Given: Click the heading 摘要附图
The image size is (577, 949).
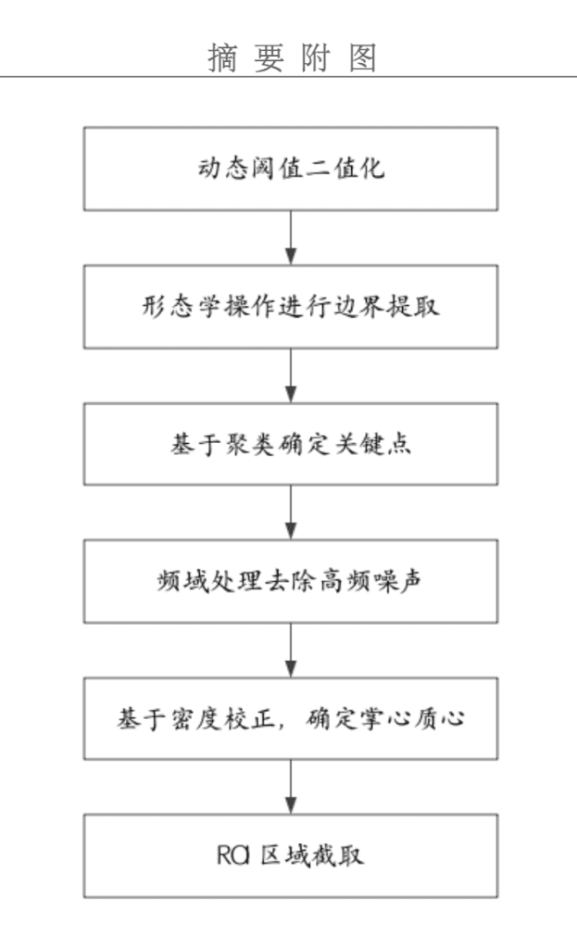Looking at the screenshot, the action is [x=292, y=58].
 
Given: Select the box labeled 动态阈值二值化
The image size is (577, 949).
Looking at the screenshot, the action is [x=291, y=169].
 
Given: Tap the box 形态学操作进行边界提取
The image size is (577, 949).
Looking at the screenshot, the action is [x=291, y=306].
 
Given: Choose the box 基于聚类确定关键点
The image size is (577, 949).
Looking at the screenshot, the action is [x=291, y=444].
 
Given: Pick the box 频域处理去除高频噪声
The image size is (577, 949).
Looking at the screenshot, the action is [x=291, y=582].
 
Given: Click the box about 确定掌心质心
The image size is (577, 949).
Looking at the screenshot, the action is [x=291, y=718].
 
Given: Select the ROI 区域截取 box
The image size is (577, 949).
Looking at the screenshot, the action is [x=291, y=855].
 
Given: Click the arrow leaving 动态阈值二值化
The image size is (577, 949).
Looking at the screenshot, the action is [x=291, y=238].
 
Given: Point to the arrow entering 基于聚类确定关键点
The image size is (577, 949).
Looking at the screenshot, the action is [x=291, y=376].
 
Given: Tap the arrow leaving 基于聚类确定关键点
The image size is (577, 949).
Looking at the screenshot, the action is [x=291, y=512].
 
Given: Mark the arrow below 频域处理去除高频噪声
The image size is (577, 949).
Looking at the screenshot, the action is [x=291, y=650].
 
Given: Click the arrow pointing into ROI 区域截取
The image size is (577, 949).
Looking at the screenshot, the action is [x=291, y=787].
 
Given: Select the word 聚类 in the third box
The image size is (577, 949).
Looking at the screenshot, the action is [x=250, y=445].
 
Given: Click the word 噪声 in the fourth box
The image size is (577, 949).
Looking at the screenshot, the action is [x=398, y=582].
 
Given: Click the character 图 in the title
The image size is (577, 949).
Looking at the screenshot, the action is [x=363, y=58].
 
